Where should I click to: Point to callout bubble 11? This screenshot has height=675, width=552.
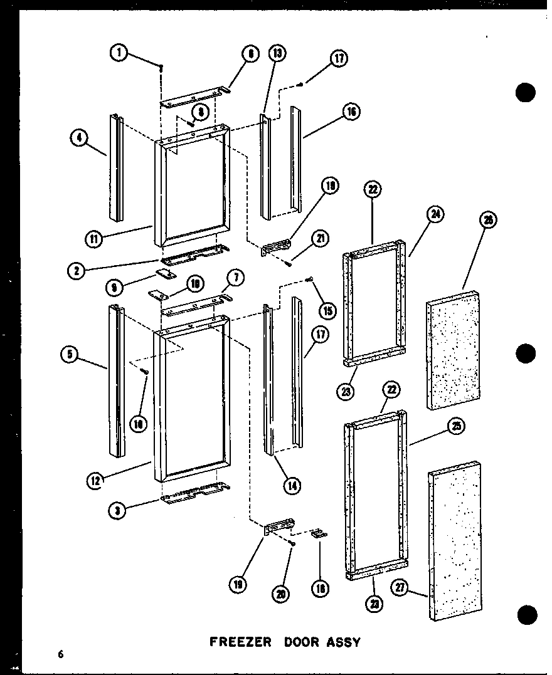[x=95, y=238]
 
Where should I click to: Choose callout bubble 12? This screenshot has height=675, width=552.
[x=96, y=481]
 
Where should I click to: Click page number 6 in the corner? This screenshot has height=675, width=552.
[x=61, y=654]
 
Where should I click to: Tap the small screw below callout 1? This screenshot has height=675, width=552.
[x=161, y=68]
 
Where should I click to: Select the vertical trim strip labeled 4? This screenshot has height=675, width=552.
[x=115, y=167]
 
